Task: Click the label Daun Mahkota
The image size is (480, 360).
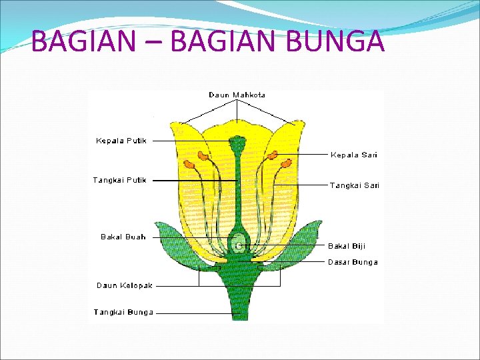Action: (x=237, y=95)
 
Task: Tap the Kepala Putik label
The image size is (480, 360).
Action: (x=121, y=141)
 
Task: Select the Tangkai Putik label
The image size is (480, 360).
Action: (x=119, y=180)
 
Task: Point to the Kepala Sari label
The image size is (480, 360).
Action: (x=353, y=155)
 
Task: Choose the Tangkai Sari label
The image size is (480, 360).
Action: (x=354, y=185)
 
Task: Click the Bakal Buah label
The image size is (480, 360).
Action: (x=123, y=237)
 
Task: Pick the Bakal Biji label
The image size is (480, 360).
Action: (x=347, y=246)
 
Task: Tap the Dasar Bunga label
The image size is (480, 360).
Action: (x=353, y=262)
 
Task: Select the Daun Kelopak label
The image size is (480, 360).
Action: (x=125, y=285)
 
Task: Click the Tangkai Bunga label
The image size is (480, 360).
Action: (x=123, y=312)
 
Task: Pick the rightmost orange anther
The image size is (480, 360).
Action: (x=287, y=163)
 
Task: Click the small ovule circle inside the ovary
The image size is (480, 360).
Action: (x=238, y=245)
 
